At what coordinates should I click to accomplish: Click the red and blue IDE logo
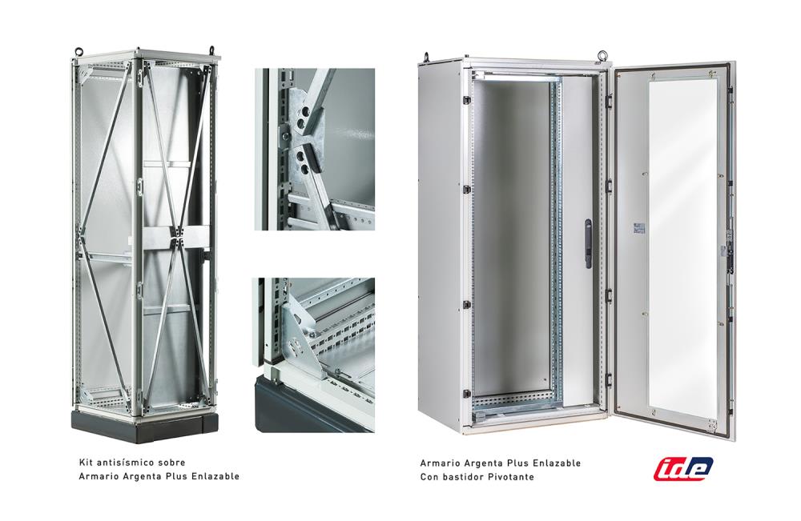pos(683,468)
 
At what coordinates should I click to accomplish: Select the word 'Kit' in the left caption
pos(86,463)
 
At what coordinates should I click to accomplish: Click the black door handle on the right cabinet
pos(588,244)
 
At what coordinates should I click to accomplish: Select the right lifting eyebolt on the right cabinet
pos(603,54)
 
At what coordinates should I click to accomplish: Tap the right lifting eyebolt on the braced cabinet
pos(211,50)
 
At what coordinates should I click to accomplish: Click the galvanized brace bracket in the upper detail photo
pos(301,137)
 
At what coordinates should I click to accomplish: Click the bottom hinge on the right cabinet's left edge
pos(466,394)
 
